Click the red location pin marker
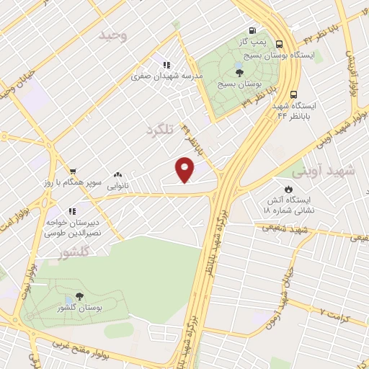pyautogui.click(x=185, y=170)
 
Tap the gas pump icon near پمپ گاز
pyautogui.click(x=252, y=30)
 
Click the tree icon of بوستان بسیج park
pyautogui.click(x=239, y=71)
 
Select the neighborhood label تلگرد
pyautogui.click(x=160, y=130)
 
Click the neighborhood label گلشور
pyautogui.click(x=75, y=252)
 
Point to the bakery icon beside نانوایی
pyautogui.click(x=118, y=174)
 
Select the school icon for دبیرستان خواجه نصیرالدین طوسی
pyautogui.click(x=72, y=210)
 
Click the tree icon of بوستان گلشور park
pyautogui.click(x=79, y=296)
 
